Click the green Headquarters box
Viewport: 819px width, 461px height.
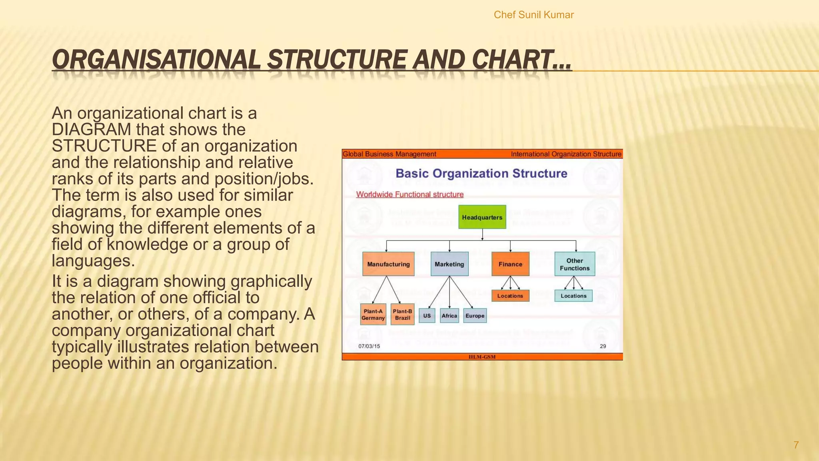tap(482, 217)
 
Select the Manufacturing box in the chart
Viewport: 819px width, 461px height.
tap(388, 264)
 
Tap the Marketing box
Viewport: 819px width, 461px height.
tap(449, 264)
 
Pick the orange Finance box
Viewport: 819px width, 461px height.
tap(510, 264)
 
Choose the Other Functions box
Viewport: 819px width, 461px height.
tap(575, 264)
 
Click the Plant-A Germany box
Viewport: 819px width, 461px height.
tap(373, 315)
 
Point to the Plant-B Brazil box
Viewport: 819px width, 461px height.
tap(402, 315)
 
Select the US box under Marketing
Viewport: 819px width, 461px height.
tap(427, 316)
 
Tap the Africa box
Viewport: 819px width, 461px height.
tap(449, 316)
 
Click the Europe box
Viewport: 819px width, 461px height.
tap(475, 316)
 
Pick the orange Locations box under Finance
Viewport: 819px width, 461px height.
tap(510, 296)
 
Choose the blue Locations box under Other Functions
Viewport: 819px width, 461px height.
tap(573, 296)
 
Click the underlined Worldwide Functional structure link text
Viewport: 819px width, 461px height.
tap(410, 194)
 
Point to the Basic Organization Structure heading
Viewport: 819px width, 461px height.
tap(481, 173)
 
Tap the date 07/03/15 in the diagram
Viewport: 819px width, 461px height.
tap(369, 346)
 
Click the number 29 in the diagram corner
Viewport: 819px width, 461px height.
tap(603, 346)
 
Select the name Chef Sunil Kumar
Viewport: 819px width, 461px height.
tap(533, 15)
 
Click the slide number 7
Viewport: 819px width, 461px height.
tap(796, 445)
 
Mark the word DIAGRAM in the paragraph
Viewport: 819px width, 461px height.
tap(92, 130)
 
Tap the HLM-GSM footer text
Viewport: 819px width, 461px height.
tap(482, 357)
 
